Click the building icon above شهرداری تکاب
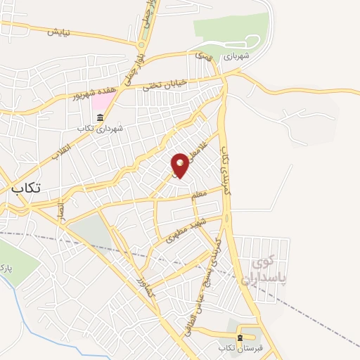[x=101, y=117]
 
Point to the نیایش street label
[x=60, y=32]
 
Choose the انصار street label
[x=61, y=209]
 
